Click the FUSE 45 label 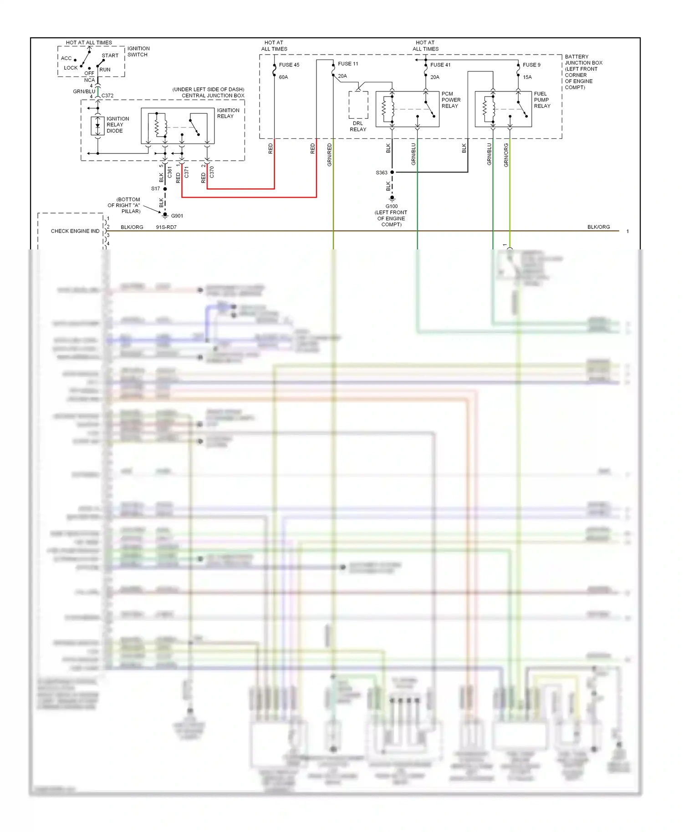pos(289,65)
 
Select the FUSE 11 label pos(348,64)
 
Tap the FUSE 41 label pos(440,65)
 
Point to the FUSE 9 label pos(531,65)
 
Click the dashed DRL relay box pos(358,105)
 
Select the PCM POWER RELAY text pos(451,100)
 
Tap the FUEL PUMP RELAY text pos(542,100)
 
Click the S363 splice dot pos(392,172)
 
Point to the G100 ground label pos(392,206)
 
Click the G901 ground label pos(177,216)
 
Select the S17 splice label pos(156,188)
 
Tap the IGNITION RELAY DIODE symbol pos(97,126)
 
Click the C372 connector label pos(107,96)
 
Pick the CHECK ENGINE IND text pos(75,231)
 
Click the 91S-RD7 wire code pos(166,227)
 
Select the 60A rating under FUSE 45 pos(283,77)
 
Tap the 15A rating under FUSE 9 pos(527,77)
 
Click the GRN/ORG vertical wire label pos(506,155)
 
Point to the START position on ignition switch pos(110,56)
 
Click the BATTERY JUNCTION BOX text pos(583,60)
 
